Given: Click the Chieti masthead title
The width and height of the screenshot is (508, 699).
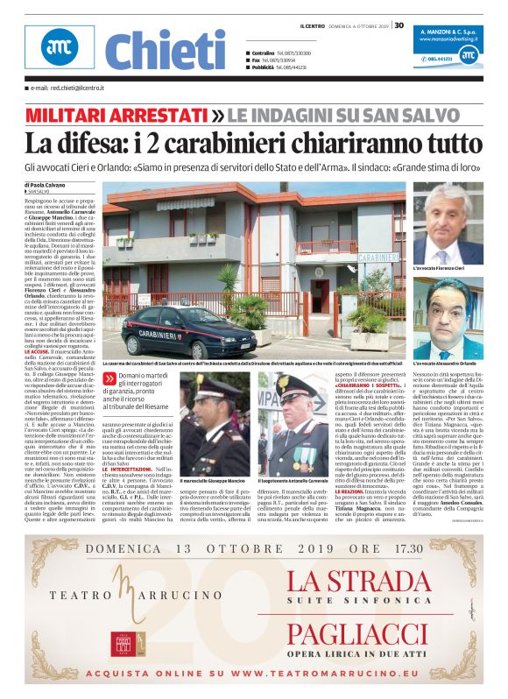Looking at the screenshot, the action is pos(166,49).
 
